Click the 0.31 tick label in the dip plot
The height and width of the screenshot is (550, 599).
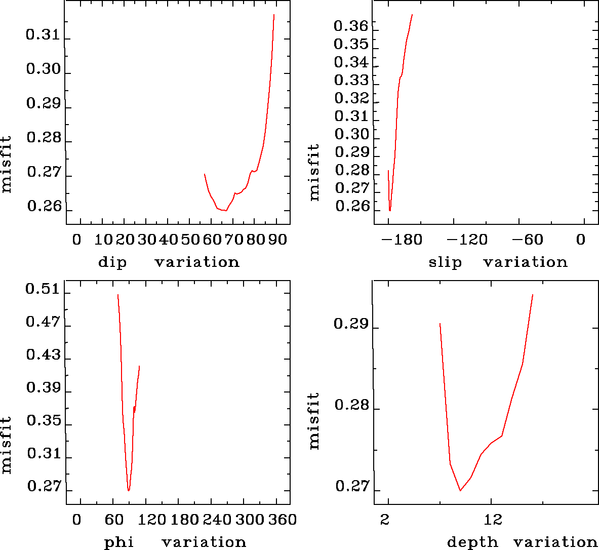[43, 35]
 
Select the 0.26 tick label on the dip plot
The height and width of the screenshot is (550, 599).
[44, 207]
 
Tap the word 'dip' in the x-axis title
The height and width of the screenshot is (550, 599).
[112, 262]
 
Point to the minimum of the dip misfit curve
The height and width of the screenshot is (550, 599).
[226, 210]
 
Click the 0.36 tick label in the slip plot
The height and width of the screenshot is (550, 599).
[351, 25]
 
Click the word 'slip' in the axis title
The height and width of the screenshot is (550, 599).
[445, 262]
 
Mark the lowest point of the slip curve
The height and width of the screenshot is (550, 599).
[390, 210]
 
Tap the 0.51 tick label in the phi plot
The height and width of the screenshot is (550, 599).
[43, 290]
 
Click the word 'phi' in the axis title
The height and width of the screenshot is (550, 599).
[119, 542]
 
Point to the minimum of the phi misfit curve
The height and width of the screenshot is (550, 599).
[129, 490]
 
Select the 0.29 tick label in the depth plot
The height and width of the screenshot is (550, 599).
[351, 324]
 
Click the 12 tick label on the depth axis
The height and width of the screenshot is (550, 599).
[492, 520]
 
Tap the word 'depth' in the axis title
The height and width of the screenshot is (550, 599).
[472, 542]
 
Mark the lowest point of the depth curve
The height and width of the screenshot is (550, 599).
[460, 490]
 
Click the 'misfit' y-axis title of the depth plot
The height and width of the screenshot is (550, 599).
[314, 421]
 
